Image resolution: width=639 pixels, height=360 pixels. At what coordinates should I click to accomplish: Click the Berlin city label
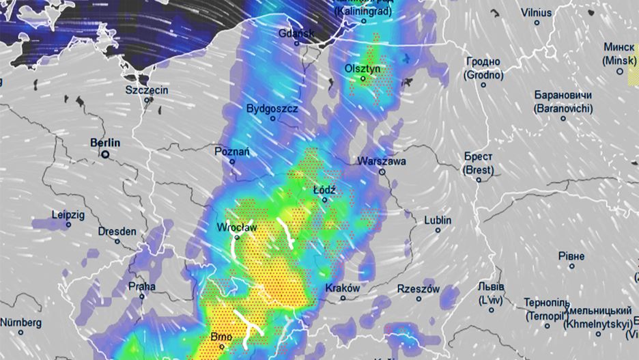point(105,143)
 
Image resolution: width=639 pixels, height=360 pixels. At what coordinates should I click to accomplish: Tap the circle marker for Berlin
point(106,155)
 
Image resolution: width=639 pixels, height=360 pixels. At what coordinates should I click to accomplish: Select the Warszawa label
point(382,162)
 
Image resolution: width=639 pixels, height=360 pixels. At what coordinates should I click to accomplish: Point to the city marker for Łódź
point(325,200)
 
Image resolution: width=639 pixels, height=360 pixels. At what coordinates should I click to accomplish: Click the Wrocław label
point(236,227)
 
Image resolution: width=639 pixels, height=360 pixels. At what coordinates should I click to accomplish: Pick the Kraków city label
point(343,288)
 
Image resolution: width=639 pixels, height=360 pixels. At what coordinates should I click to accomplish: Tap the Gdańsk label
point(296,33)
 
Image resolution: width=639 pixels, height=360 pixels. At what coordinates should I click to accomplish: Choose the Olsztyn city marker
point(363,79)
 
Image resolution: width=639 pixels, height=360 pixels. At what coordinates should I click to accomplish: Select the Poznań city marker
point(232,162)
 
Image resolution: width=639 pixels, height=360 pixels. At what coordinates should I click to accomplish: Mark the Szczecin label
point(147,89)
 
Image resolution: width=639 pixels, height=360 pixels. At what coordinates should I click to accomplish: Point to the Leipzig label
point(68,214)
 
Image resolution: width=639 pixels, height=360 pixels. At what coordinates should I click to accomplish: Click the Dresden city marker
point(117,241)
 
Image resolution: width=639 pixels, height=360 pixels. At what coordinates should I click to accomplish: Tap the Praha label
point(141,286)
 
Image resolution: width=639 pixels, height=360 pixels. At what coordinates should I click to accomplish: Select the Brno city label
point(222,337)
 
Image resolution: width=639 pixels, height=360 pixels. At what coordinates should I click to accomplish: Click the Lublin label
point(438,220)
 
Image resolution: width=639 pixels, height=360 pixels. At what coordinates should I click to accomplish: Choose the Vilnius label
point(537,12)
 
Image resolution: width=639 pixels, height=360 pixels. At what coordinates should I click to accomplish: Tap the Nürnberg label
point(20,322)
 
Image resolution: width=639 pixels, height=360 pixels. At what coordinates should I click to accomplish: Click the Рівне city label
point(571,255)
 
